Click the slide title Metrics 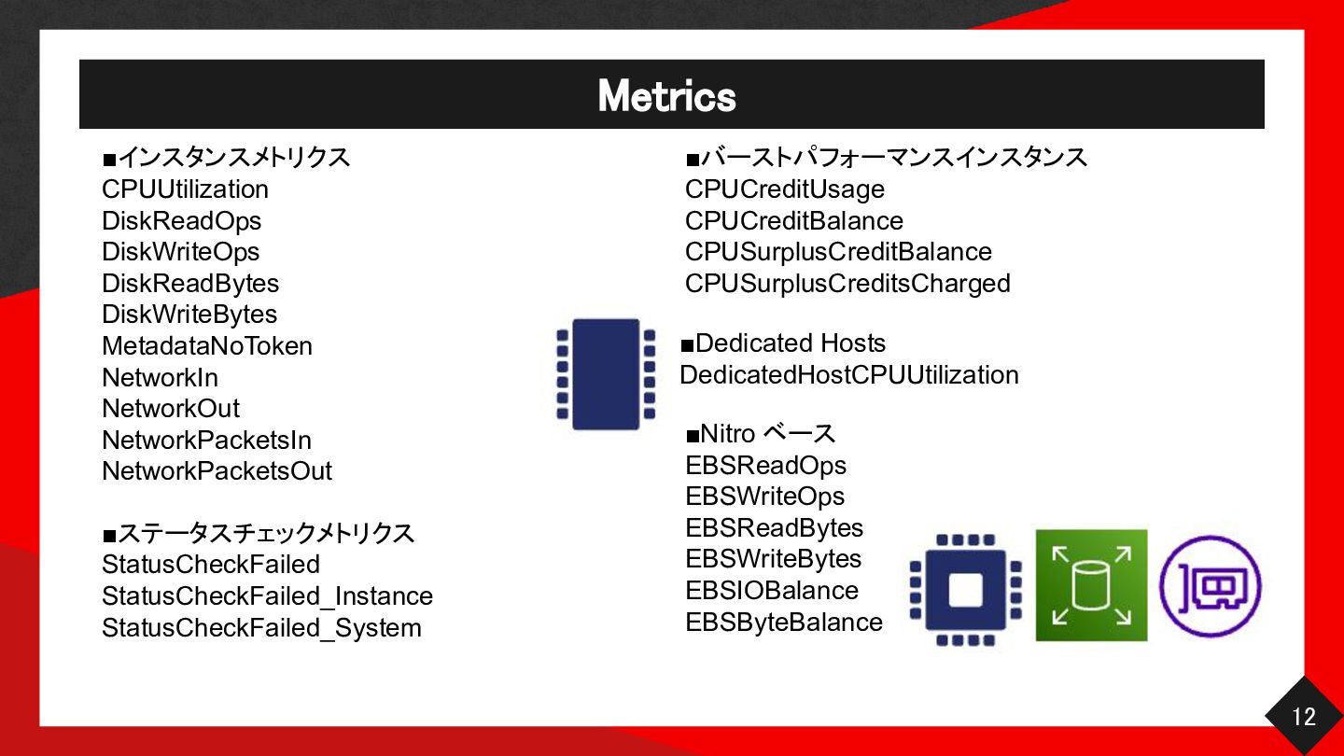[666, 96]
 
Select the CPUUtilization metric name [185, 189]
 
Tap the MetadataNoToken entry [207, 346]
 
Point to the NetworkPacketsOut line [217, 471]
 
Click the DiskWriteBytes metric [189, 315]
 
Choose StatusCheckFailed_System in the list [261, 628]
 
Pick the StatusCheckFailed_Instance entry [268, 596]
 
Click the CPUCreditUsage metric [785, 189]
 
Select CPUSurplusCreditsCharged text [847, 284]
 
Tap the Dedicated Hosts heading [783, 343]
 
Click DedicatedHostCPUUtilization [849, 375]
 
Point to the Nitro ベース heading [761, 433]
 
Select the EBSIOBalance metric [772, 591]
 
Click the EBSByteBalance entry [784, 623]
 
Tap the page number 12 [1304, 717]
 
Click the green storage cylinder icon [1091, 585]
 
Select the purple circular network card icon [1211, 586]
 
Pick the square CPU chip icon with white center [965, 590]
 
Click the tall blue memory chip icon [606, 374]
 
